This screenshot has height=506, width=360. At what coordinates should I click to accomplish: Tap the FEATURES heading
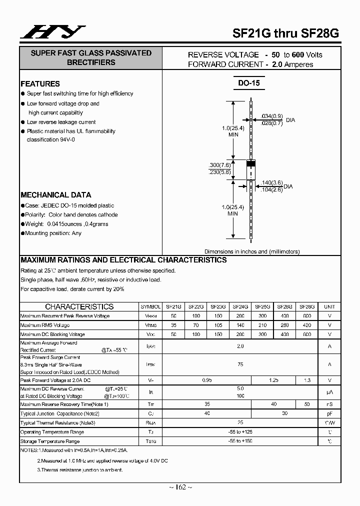click(x=40, y=84)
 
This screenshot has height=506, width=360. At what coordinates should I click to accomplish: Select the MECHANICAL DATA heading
click(x=55, y=195)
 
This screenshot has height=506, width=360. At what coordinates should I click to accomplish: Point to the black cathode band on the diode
click(x=251, y=163)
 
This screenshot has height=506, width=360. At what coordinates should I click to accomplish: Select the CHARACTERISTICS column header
click(x=79, y=306)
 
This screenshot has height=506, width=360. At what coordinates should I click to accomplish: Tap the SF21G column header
click(x=174, y=306)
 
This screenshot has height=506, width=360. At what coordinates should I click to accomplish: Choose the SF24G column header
click(x=240, y=306)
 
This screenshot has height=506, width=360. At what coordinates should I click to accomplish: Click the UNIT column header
click(x=329, y=306)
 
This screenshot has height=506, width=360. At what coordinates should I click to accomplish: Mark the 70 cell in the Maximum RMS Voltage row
click(x=196, y=325)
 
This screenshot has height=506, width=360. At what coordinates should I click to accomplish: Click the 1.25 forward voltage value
click(x=273, y=380)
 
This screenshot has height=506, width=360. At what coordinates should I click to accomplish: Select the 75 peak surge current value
click(x=240, y=364)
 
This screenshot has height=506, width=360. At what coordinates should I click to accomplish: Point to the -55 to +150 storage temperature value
click(x=240, y=441)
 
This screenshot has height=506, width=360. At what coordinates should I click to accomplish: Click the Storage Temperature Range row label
click(x=49, y=441)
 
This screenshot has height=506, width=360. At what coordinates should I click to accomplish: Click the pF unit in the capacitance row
click(x=329, y=413)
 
